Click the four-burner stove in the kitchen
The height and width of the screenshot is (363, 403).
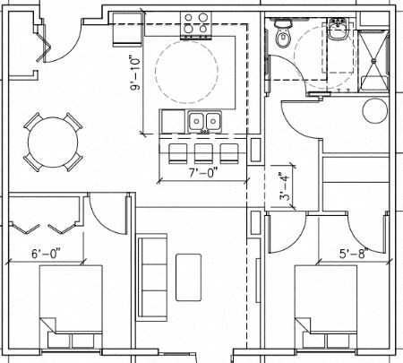(x=197, y=23)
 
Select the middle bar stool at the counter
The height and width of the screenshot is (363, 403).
(x=203, y=150)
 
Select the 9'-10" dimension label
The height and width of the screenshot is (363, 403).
(x=135, y=76)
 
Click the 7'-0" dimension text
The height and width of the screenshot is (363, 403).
(x=201, y=169)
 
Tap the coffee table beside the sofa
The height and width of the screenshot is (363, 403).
(x=188, y=276)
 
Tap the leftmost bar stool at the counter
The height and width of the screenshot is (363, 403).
(x=177, y=150)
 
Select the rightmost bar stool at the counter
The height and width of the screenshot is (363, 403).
(x=230, y=150)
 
